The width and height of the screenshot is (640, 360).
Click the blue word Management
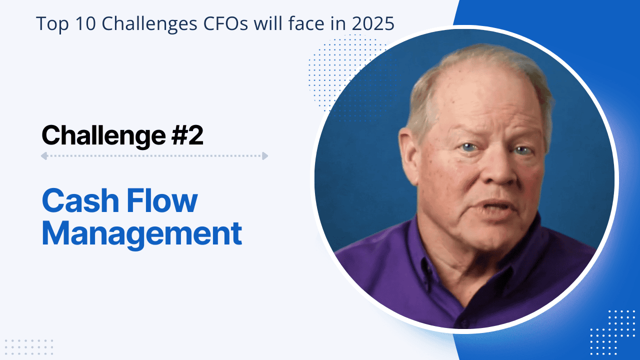(x=141, y=233)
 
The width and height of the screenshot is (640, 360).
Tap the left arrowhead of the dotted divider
(x=44, y=156)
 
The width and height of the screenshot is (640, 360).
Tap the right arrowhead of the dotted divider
(x=264, y=156)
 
